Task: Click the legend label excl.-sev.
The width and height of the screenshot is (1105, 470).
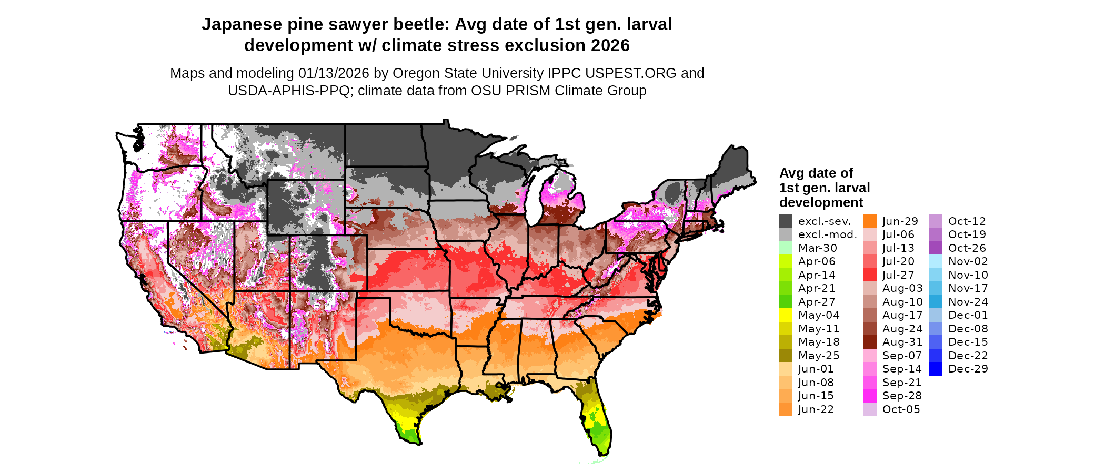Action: tap(824, 221)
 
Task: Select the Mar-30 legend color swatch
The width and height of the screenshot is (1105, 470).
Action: tap(786, 248)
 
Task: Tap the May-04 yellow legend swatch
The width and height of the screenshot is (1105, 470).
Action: tap(786, 315)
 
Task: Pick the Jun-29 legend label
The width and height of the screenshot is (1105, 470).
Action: tap(900, 221)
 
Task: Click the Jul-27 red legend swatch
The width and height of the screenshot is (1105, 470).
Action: tap(870, 275)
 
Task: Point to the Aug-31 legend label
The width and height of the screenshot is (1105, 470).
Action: tap(902, 342)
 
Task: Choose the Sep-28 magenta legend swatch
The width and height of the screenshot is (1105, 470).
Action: tap(870, 396)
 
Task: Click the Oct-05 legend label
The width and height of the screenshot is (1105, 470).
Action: tap(901, 409)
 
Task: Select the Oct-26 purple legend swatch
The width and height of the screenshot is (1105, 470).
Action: tap(936, 248)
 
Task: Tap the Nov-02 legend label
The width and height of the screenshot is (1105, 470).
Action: tap(968, 261)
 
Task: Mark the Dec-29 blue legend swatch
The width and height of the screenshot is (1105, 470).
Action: tap(936, 369)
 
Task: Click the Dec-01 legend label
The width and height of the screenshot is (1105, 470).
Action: tap(968, 315)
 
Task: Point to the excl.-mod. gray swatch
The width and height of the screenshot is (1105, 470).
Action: tap(786, 234)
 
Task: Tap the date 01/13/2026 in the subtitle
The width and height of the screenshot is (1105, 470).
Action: tap(334, 73)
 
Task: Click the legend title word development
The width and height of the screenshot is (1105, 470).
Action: tap(821, 203)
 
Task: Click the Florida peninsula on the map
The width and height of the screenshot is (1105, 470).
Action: tap(597, 422)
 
